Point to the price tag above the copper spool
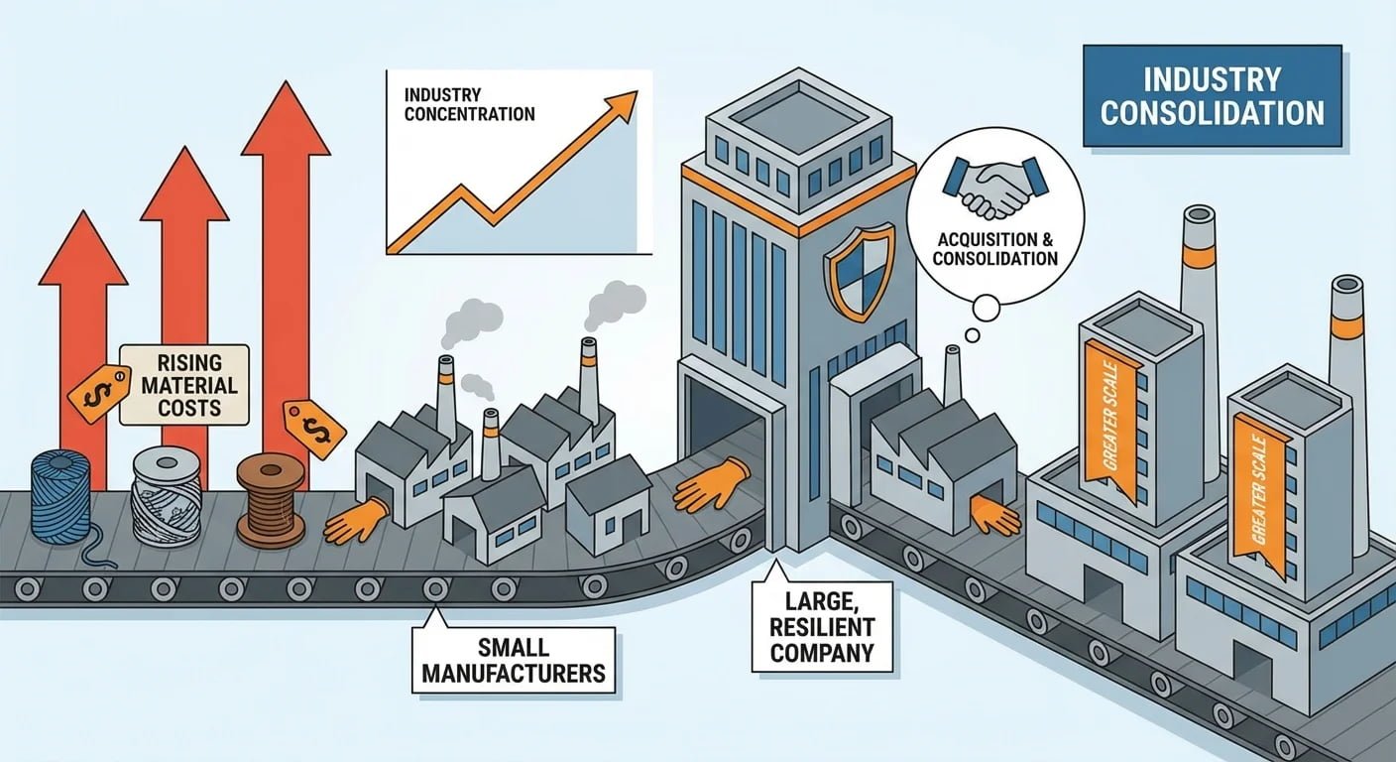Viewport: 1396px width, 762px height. point(314,429)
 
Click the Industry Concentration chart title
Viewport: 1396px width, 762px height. point(469,104)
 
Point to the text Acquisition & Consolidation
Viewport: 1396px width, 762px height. point(997,248)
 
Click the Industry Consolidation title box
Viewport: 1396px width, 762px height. point(1212,96)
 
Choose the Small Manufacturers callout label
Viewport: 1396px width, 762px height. point(514,661)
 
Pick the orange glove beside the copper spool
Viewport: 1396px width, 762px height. point(355,521)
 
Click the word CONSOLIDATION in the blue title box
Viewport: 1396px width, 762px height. point(1212,112)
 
